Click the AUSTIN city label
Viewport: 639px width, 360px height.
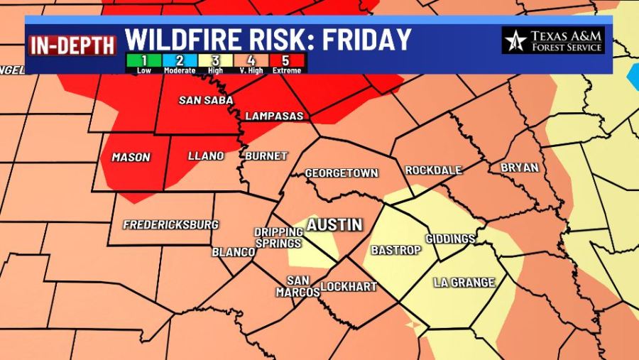[x=334, y=225]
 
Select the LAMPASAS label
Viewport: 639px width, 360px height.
[x=274, y=116]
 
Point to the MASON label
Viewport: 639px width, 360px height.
[x=131, y=157]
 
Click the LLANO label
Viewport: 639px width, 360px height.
[x=206, y=156]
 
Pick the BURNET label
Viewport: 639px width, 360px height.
[x=266, y=156]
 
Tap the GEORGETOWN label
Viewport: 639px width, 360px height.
[x=342, y=173]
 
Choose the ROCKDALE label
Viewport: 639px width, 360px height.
[x=433, y=170]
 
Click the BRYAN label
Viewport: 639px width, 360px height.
[x=519, y=168]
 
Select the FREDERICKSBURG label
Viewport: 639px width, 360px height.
[x=170, y=225]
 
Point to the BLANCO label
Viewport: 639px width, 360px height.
[x=234, y=252]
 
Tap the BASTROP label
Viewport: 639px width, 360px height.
[x=396, y=250]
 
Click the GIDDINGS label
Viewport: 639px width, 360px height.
[x=449, y=239]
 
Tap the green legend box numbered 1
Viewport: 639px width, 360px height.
[x=144, y=62]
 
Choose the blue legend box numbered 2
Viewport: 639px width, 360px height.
[x=180, y=62]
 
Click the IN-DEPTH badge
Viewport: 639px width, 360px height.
[x=72, y=45]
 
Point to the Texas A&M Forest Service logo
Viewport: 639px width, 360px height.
[x=553, y=40]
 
